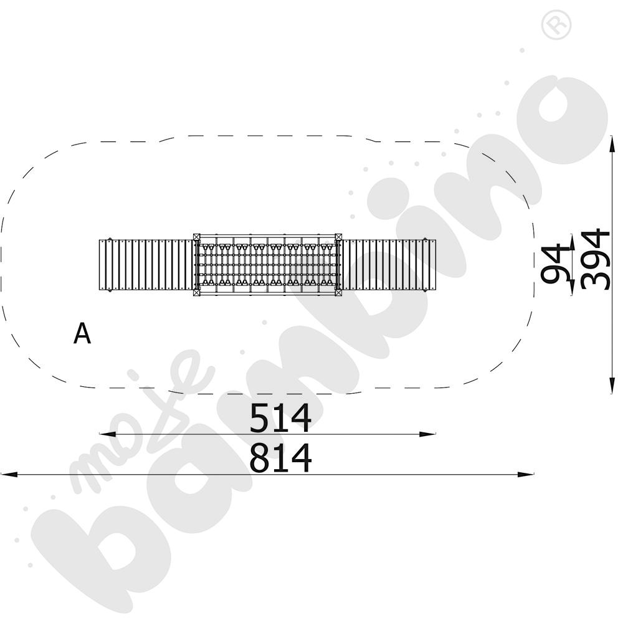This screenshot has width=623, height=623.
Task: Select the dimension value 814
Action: pyautogui.click(x=280, y=458)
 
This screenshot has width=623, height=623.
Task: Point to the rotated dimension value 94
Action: pyautogui.click(x=555, y=264)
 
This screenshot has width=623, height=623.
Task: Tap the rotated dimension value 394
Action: pyautogui.click(x=595, y=259)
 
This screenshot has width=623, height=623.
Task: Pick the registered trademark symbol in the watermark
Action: pyautogui.click(x=556, y=25)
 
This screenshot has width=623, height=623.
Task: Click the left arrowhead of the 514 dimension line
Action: pyautogui.click(x=107, y=434)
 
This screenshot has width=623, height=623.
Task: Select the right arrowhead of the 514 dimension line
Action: pyautogui.click(x=427, y=434)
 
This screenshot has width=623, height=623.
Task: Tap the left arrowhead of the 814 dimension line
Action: pyautogui.click(x=9, y=474)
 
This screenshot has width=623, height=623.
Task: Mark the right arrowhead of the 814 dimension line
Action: pyautogui.click(x=525, y=474)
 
